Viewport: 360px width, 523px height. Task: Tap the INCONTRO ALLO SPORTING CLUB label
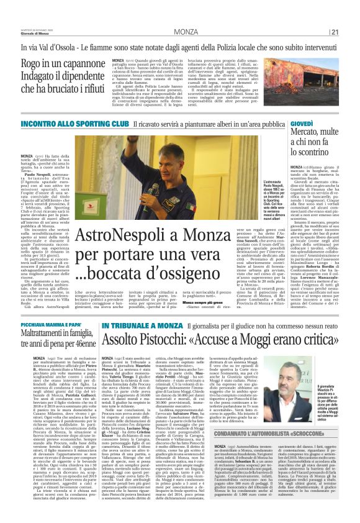coord(66,124)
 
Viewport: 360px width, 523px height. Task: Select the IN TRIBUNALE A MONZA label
coord(134,325)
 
